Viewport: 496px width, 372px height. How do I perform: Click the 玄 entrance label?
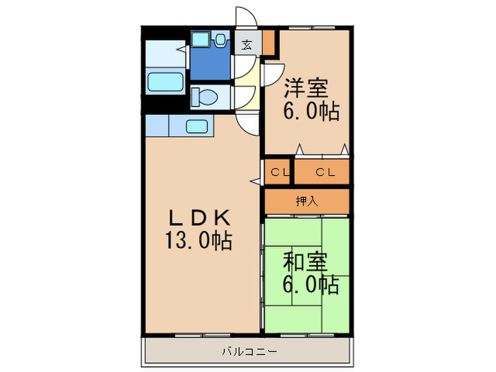pyautogui.click(x=247, y=45)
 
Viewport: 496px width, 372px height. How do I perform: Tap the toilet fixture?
pyautogui.click(x=206, y=96)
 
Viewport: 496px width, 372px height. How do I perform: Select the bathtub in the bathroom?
pyautogui.click(x=164, y=82)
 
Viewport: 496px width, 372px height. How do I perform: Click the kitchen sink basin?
pyautogui.click(x=197, y=127)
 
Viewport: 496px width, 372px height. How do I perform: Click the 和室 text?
pyautogui.click(x=305, y=262)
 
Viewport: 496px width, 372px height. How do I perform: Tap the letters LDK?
pyautogui.click(x=198, y=217)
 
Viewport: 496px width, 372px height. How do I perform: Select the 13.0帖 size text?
pyautogui.click(x=198, y=241)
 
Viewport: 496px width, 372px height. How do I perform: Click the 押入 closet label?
pyautogui.click(x=306, y=201)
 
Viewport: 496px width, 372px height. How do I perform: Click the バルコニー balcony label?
pyautogui.click(x=248, y=351)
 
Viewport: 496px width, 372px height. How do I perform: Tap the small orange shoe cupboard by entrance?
pyautogui.click(x=269, y=43)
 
